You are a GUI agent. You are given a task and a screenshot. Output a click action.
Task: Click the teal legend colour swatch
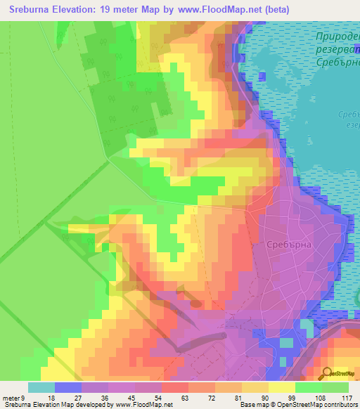(41, 387)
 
